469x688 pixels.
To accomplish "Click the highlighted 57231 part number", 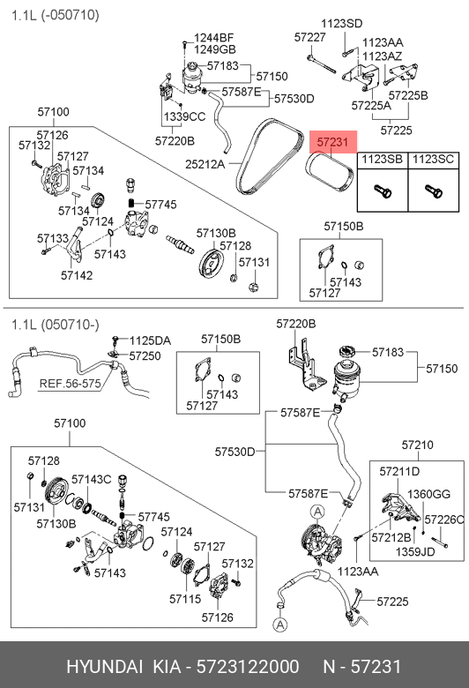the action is point(332,142).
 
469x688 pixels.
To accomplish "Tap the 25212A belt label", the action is point(205,164).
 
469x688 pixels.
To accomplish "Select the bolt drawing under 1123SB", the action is point(383,191).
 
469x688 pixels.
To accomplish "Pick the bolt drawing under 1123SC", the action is point(434,191).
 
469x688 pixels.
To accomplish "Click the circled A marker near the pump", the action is point(316,512).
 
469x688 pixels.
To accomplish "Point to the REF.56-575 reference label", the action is point(71,384).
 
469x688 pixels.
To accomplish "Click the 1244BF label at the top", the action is point(213,38).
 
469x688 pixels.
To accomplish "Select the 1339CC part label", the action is point(185,116).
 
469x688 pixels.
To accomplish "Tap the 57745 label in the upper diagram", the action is point(160,205).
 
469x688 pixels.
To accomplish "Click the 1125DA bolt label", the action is point(150,341).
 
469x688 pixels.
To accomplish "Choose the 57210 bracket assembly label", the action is point(417,445).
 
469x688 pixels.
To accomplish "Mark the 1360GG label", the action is point(428,494).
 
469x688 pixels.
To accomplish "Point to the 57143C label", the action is point(92,480).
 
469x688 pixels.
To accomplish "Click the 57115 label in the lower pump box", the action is point(185,599).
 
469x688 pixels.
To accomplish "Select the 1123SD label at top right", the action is point(342,24).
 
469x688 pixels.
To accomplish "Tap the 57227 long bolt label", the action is point(309,37).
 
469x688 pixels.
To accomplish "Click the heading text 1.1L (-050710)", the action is point(56,15).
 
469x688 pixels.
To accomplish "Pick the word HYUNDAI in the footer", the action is point(104,667).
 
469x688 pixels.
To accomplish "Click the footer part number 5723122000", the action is point(248,667).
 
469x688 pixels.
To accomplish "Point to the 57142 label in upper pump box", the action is point(77,275).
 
